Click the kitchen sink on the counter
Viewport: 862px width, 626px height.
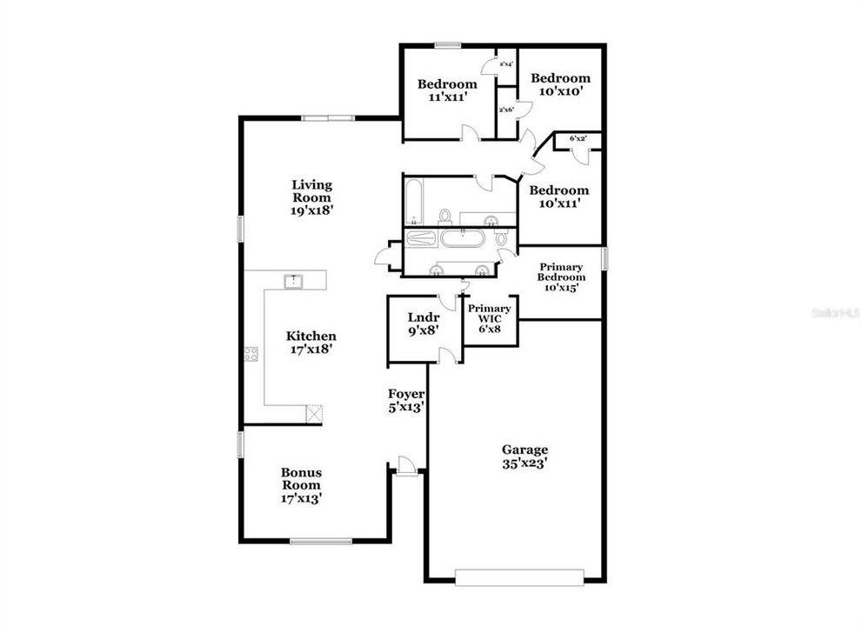pos(294,280)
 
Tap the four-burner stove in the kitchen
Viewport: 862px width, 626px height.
pos(251,354)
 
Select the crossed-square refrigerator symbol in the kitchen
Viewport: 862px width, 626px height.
pos(314,413)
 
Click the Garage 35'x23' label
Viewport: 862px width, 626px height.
pos(525,456)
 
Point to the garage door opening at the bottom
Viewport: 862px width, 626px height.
pos(519,577)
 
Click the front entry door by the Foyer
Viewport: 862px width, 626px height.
pos(404,467)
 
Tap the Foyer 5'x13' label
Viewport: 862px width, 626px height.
pos(405,400)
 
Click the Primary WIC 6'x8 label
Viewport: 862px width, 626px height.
pos(490,314)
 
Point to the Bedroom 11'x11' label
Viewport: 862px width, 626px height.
pos(447,90)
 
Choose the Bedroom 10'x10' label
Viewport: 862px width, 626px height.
pos(561,83)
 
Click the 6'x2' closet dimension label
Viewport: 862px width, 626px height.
pos(578,138)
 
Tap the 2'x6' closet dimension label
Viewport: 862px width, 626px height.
pos(506,110)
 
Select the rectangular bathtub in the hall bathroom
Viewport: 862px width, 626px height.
pos(415,200)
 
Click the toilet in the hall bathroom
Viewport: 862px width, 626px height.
pos(445,215)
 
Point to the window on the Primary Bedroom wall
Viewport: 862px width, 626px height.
pos(605,258)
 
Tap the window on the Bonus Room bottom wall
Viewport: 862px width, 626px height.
pos(321,542)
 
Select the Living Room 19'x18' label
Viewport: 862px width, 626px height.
pos(311,197)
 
